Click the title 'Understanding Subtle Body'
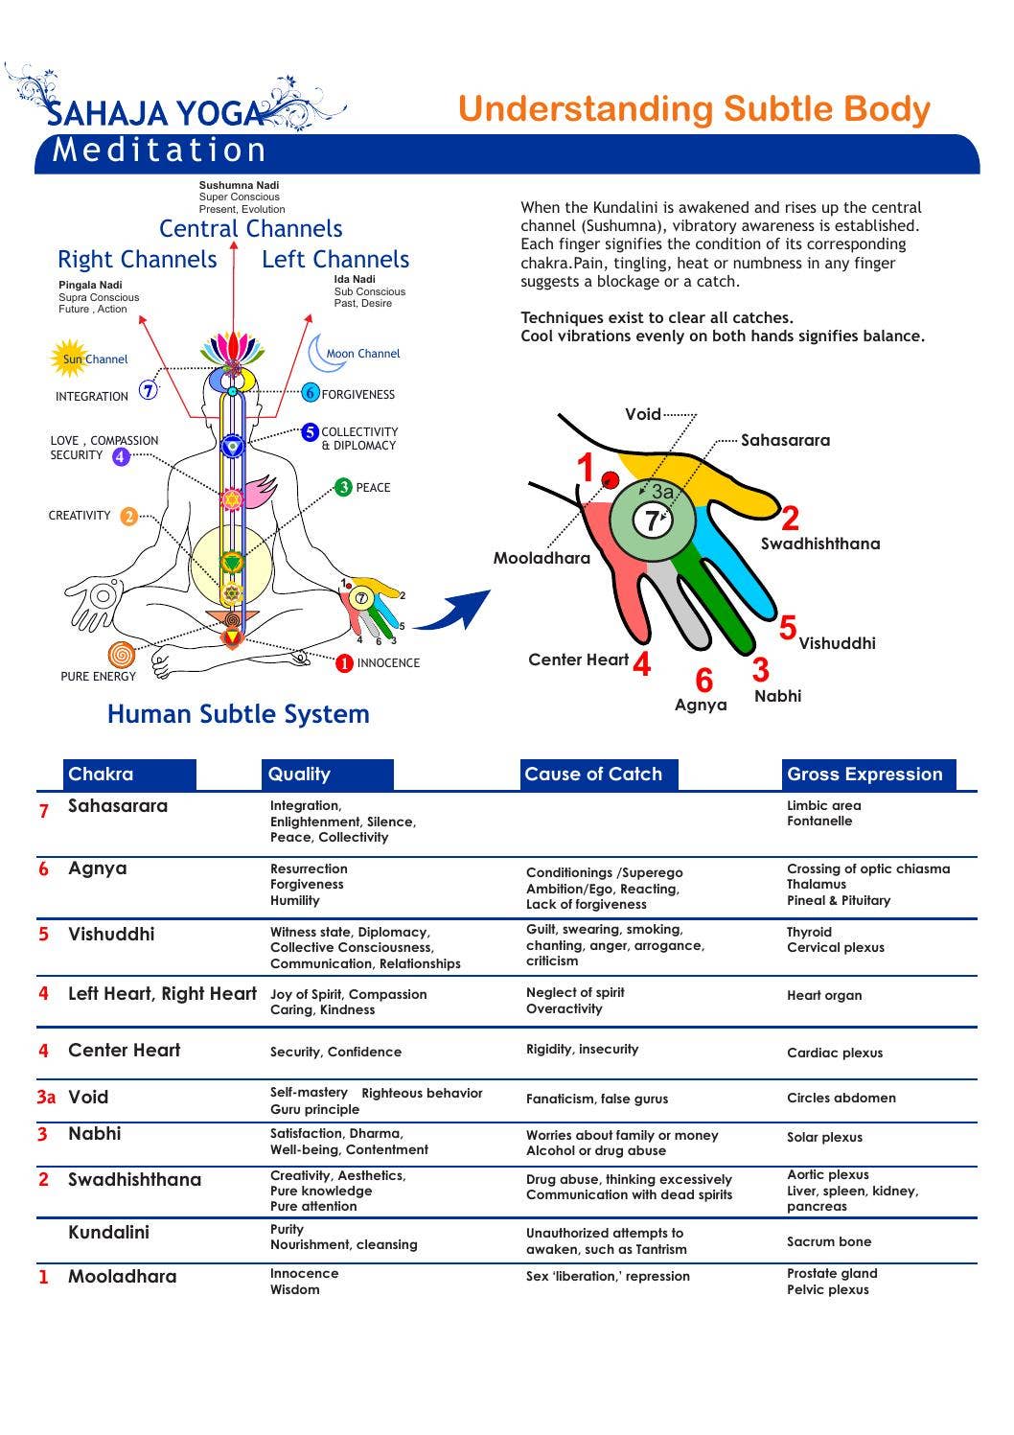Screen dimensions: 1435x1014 pos(694,109)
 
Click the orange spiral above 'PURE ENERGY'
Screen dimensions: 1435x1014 pos(121,655)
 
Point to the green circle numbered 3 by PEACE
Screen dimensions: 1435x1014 pos(344,487)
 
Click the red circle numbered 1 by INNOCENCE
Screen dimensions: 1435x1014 pos(344,662)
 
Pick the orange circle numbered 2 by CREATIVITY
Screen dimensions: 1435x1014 pos(128,516)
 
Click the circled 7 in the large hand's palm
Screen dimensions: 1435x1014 pos(653,521)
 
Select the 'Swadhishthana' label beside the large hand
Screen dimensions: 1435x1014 pos(819,544)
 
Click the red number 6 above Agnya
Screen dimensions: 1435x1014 pos(703,681)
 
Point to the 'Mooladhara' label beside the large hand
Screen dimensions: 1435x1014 pos(542,558)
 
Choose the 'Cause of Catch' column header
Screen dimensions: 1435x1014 pos(593,775)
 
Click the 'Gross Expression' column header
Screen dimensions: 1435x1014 pos(864,775)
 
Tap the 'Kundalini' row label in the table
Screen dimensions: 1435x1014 pos(108,1233)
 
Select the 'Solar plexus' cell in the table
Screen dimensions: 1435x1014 pos(824,1138)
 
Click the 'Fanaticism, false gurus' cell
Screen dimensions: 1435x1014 pos(597,1099)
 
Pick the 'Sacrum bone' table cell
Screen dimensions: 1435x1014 pos(829,1241)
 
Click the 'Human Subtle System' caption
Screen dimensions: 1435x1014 pos(238,714)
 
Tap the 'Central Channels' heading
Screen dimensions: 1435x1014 pos(250,229)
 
